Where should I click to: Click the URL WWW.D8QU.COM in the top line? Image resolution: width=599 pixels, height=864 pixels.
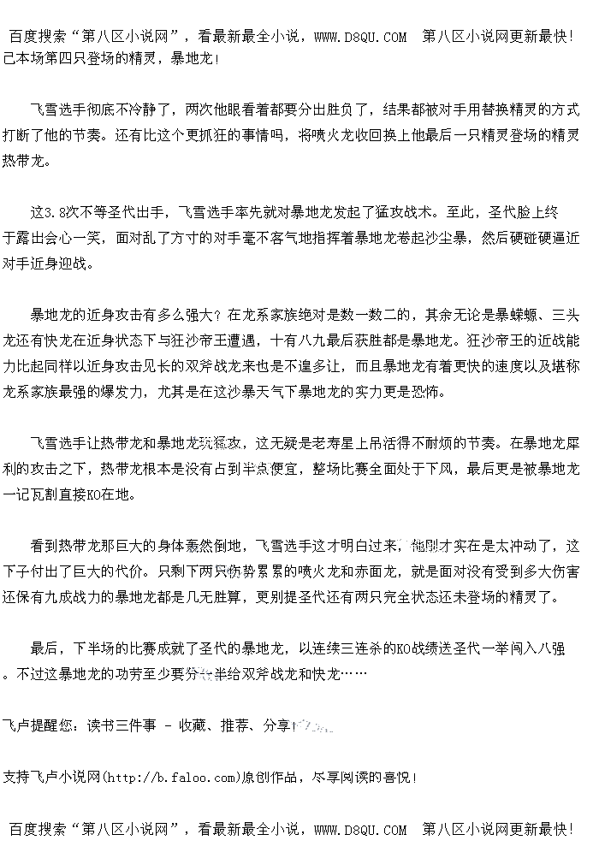coord(360,37)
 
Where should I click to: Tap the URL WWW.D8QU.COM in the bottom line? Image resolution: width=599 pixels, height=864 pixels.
coord(360,829)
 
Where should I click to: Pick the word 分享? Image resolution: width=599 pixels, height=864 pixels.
coord(276,725)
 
